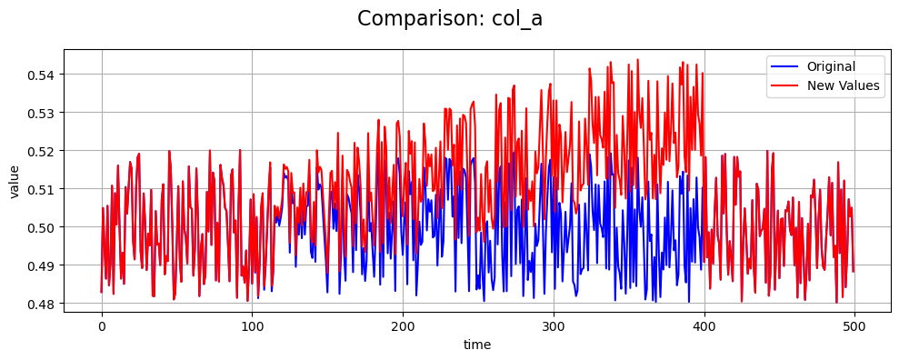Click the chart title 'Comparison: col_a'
[x=449, y=19]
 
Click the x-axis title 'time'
[x=477, y=345]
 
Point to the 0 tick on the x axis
[x=101, y=325]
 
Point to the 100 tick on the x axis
[x=252, y=325]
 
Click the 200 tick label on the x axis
[x=403, y=325]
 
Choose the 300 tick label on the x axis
[x=553, y=325]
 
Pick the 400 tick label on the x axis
[x=704, y=325]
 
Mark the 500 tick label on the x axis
[x=854, y=325]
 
